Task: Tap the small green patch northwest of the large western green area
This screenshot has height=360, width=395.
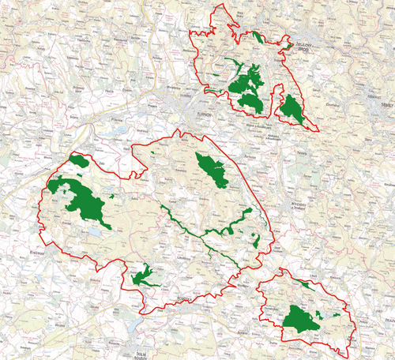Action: [79, 161]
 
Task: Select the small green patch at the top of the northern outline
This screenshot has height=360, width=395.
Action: [258, 36]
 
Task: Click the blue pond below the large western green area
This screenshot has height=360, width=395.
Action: [93, 233]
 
